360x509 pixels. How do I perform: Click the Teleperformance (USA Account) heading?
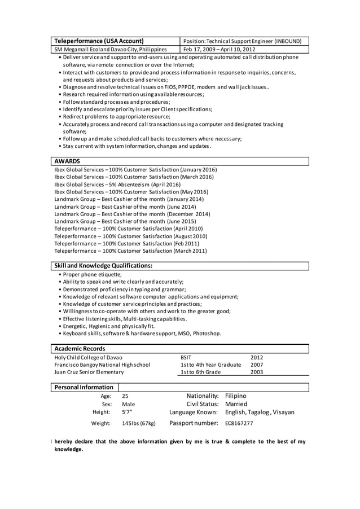[99, 41]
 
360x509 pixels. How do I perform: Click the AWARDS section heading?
[67, 161]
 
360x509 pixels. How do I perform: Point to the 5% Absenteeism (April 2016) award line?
[117, 184]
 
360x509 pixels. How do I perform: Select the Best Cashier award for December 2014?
[132, 214]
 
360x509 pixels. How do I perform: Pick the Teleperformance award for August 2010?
[130, 236]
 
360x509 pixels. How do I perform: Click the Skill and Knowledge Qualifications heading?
[103, 265]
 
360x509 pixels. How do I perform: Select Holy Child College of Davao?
[88, 357]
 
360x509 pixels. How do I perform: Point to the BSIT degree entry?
[186, 357]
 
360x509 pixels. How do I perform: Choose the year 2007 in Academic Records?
[257, 365]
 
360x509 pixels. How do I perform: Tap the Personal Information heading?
[84, 387]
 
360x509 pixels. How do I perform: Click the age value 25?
[125, 397]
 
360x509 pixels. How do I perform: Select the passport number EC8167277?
[239, 423]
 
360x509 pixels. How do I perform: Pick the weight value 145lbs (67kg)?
[139, 423]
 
